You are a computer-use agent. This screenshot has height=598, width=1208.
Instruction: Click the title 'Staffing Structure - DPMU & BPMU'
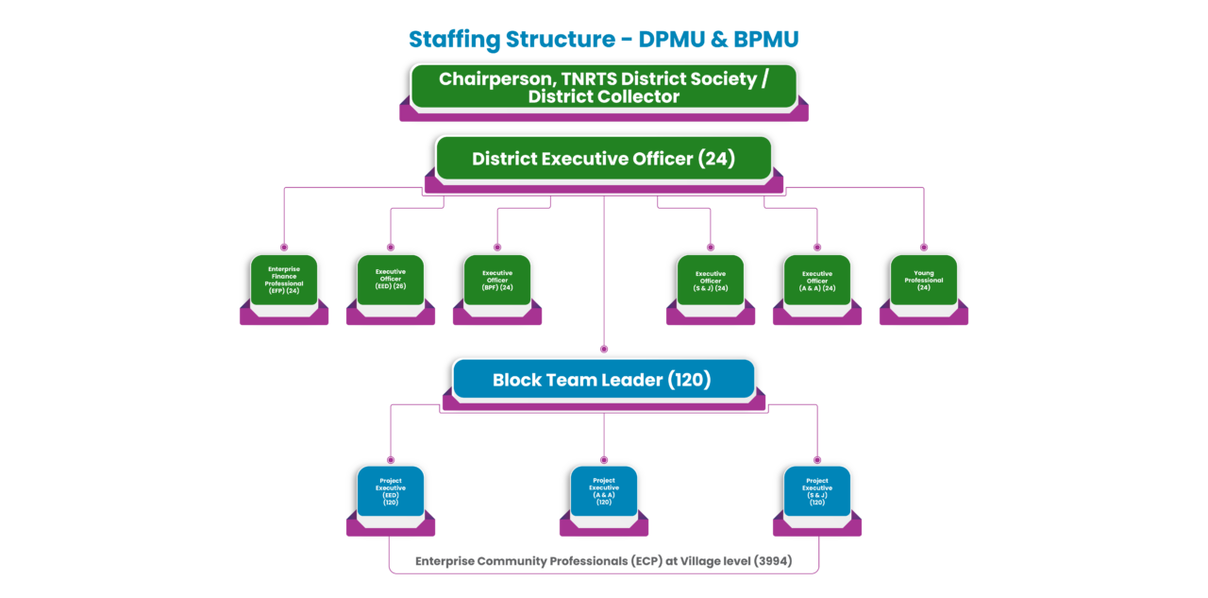tap(604, 40)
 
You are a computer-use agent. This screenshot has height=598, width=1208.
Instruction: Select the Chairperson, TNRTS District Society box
tap(603, 87)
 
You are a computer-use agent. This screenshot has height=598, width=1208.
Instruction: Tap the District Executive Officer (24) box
tap(603, 159)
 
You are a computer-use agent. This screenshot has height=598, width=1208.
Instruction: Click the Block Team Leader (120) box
tap(603, 380)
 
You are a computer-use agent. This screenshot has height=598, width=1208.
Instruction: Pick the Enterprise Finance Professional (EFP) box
tap(284, 281)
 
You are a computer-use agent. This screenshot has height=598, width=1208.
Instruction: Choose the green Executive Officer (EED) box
tap(391, 281)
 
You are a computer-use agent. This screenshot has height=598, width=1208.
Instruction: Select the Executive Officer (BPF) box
tap(497, 281)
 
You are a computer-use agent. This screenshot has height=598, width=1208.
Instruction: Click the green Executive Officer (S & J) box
tap(711, 281)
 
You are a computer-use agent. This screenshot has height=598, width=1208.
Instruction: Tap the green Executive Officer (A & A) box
tap(817, 281)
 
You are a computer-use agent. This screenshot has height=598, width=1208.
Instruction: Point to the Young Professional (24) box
tap(924, 281)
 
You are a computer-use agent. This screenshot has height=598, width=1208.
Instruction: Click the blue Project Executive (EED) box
tap(391, 492)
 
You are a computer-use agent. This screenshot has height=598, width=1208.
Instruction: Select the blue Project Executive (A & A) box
tap(604, 492)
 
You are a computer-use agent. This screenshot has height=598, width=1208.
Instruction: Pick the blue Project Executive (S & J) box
tap(817, 492)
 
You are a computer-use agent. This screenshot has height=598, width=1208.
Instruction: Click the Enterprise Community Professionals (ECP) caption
tap(604, 561)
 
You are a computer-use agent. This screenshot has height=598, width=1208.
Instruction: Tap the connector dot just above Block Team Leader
tap(604, 349)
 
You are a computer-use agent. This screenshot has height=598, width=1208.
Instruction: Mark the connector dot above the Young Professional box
tap(924, 246)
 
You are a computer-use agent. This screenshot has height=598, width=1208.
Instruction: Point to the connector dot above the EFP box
tap(284, 246)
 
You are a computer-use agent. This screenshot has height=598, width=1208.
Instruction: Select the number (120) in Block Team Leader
tap(689, 380)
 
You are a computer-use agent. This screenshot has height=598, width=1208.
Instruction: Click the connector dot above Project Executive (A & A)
tap(604, 457)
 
